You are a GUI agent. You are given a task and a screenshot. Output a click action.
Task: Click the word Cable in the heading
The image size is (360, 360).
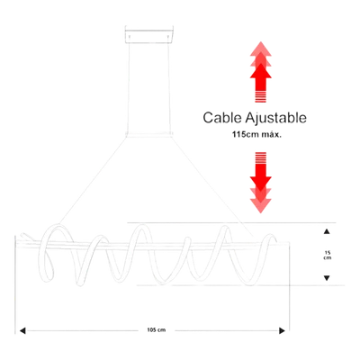222,118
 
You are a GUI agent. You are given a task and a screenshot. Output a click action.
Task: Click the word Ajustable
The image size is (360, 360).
276,118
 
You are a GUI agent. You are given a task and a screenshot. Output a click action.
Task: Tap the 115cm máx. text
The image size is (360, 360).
256,135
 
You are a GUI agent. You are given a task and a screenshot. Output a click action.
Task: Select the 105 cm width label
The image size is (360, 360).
157,330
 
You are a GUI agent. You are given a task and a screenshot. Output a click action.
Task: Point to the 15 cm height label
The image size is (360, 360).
327,255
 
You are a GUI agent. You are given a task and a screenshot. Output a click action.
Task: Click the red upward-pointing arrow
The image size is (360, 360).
261,72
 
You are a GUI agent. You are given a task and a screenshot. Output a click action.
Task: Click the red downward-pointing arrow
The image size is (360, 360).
261,183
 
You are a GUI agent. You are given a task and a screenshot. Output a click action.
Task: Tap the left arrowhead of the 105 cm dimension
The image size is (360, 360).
22,330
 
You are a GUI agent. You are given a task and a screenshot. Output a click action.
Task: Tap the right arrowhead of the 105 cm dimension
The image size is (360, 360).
282,330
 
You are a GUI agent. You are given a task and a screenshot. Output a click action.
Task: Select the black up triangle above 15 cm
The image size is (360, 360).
327,231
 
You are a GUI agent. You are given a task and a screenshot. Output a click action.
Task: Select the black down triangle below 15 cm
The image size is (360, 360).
327,278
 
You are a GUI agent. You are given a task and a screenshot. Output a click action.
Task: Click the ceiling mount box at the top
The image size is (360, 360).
149,35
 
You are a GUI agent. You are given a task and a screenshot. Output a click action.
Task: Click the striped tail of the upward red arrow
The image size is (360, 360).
261,96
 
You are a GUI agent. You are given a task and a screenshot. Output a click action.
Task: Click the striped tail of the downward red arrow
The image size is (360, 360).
261,158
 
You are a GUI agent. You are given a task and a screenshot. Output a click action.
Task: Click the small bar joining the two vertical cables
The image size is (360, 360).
149,135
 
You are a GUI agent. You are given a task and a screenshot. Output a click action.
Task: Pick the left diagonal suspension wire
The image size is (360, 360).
93,181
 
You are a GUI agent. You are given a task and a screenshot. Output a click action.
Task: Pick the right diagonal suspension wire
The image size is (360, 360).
212,186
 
